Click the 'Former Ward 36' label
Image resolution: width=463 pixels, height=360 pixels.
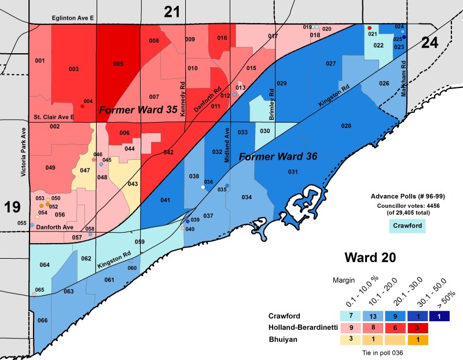274,156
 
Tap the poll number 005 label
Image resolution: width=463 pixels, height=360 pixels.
118,64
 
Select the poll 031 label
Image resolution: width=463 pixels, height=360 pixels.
293,171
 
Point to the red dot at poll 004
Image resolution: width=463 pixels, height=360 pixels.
82,106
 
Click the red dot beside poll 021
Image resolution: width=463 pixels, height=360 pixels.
369,28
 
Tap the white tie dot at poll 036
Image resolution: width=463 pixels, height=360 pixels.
203,187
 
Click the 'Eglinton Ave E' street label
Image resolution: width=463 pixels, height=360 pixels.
72,19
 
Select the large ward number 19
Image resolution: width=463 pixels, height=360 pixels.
13,207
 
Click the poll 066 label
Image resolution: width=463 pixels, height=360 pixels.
43,320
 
